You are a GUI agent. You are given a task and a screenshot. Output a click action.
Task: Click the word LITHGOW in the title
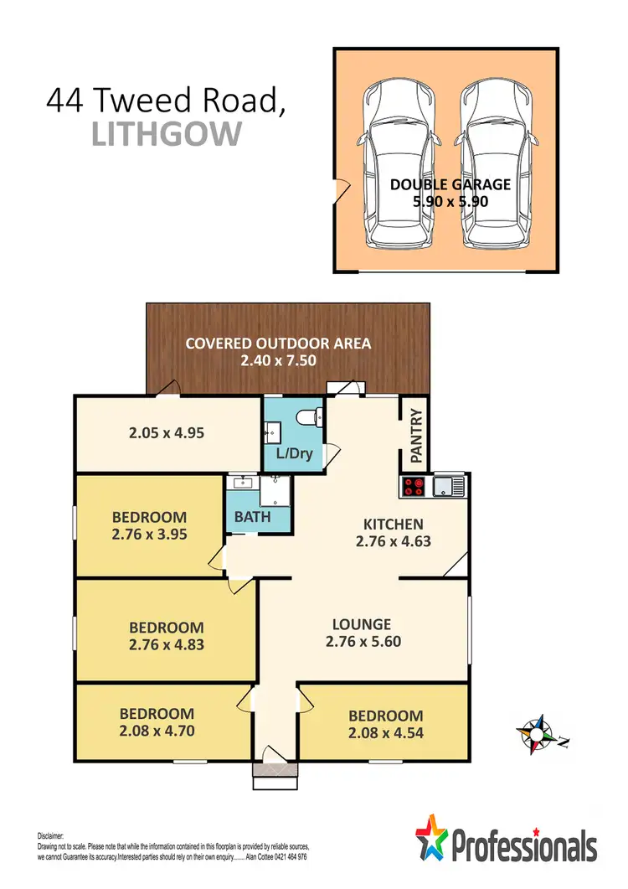(x=167, y=134)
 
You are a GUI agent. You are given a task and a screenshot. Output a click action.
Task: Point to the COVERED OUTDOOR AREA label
(x=278, y=344)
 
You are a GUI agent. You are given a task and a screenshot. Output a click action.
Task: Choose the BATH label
(x=252, y=517)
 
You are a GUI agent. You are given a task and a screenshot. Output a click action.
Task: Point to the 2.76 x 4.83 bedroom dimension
(x=166, y=645)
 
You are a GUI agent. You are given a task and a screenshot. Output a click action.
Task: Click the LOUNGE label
(x=362, y=624)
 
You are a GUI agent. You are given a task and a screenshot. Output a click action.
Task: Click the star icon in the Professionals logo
(x=432, y=835)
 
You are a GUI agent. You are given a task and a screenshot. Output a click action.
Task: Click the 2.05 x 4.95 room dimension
(x=167, y=433)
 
